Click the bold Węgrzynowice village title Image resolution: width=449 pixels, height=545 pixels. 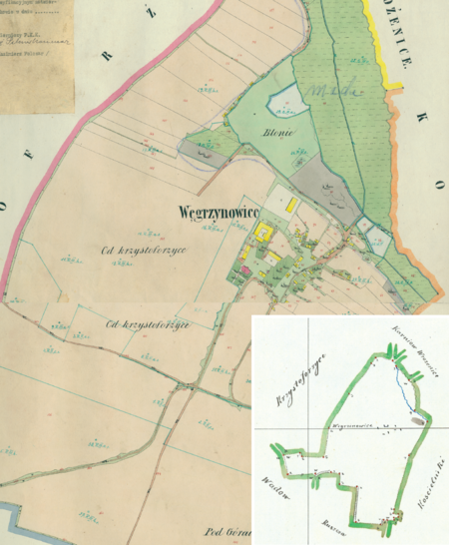(x=218, y=213)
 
